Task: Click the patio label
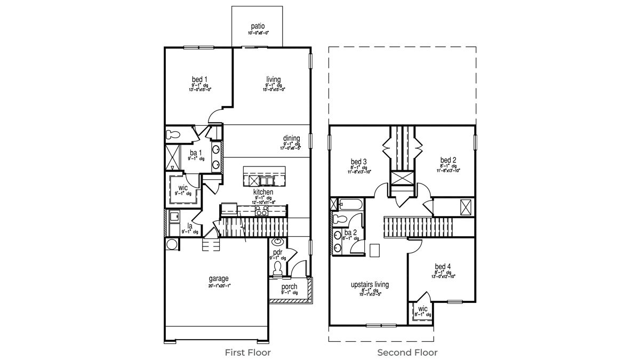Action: click(x=258, y=26)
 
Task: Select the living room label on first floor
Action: click(x=274, y=80)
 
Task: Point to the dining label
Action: click(x=291, y=139)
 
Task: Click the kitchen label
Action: click(x=263, y=192)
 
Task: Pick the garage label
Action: click(x=219, y=278)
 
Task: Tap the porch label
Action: click(x=290, y=287)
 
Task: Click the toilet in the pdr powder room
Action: click(x=277, y=268)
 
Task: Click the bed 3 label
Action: click(x=358, y=162)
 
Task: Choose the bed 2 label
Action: click(x=448, y=160)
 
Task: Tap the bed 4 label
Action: click(x=443, y=267)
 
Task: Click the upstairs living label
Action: click(x=370, y=285)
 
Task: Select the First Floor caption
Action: click(x=247, y=353)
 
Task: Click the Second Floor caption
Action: click(x=407, y=353)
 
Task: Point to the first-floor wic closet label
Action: click(x=183, y=188)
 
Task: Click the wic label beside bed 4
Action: click(x=422, y=309)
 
